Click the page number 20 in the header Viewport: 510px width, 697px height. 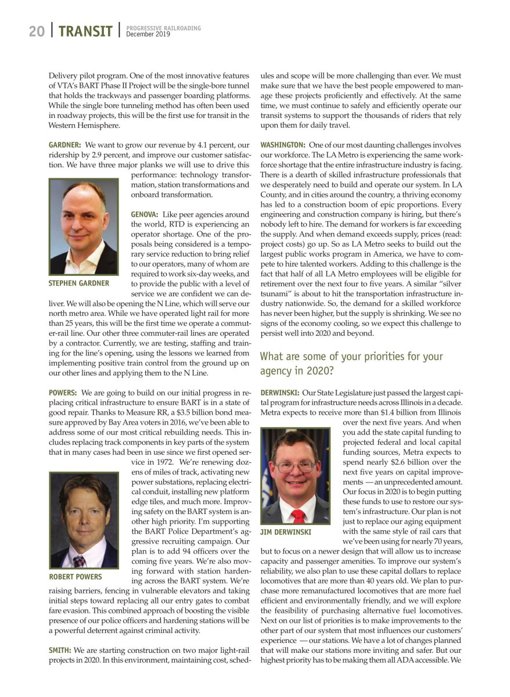(37, 31)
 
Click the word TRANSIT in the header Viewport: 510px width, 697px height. (85, 31)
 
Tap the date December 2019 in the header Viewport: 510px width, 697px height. (148, 35)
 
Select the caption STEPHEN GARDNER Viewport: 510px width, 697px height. (79, 283)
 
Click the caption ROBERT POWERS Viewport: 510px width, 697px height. (76, 577)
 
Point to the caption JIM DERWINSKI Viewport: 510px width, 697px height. (286, 532)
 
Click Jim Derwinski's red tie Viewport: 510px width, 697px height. (298, 515)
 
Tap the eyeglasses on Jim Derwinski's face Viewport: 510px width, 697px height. (295, 466)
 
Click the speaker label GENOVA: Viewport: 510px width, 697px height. (145, 214)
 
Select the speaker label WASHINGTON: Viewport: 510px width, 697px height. (283, 144)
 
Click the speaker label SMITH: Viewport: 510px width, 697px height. (60, 650)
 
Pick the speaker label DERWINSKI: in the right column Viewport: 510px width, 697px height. (280, 393)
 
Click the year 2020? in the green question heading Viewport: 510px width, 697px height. (322, 370)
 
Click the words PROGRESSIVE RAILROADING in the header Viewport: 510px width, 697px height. (164, 28)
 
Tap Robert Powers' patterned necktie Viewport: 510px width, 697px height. (78, 561)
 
